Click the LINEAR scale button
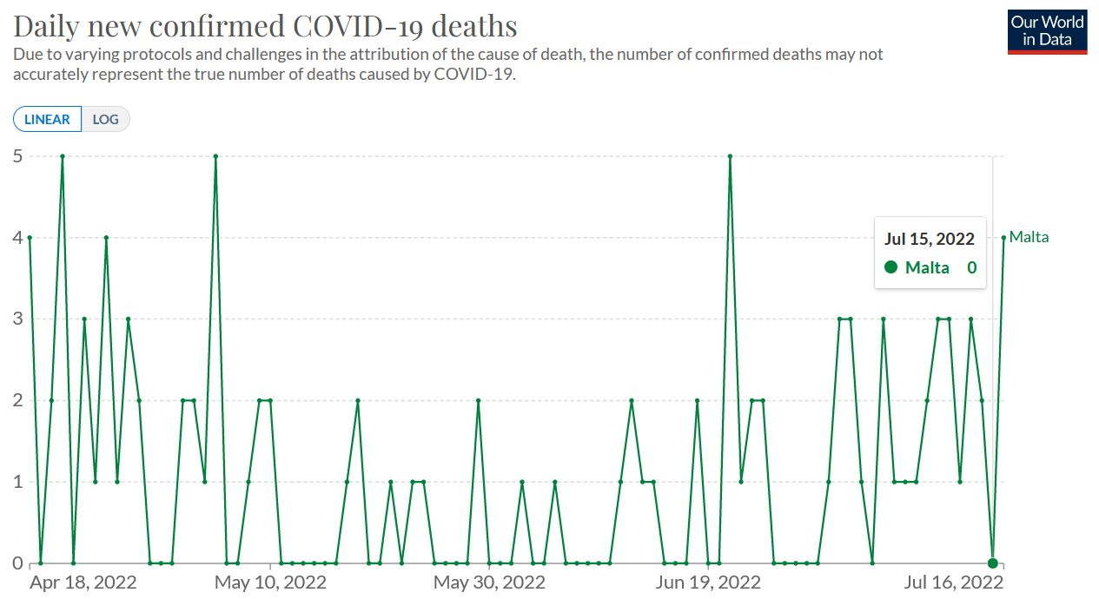[48, 119]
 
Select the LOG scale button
[106, 119]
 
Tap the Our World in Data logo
[1048, 32]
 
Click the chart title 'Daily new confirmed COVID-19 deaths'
[265, 25]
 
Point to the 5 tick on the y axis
[17, 156]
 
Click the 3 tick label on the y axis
[17, 319]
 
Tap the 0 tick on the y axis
[17, 563]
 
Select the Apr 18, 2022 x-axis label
[83, 582]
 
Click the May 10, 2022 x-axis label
[270, 582]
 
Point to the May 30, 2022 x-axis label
[490, 582]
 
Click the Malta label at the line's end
[1029, 237]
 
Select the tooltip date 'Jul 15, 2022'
[930, 239]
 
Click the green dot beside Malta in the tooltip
[890, 267]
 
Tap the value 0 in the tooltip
[971, 267]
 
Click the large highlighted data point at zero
[992, 563]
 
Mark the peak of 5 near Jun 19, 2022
[730, 156]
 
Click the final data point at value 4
[1003, 238]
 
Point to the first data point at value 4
[30, 238]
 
